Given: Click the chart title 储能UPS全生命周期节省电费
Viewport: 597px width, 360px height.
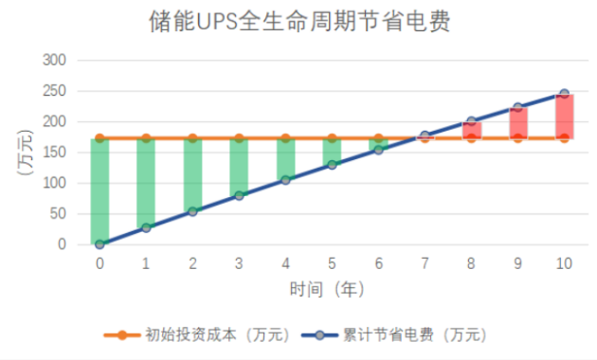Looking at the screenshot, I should click(x=298, y=21).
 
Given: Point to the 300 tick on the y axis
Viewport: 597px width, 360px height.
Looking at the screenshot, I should click(x=56, y=61).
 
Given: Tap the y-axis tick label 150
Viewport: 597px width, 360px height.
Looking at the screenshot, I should click(x=56, y=153).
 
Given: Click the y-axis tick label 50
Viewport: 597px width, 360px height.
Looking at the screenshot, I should click(x=60, y=214).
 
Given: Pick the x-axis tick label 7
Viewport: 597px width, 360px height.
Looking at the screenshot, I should click(x=425, y=263).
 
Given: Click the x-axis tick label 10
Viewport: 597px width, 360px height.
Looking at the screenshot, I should click(x=564, y=263).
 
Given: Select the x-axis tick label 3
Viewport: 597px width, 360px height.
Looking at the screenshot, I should click(x=239, y=263).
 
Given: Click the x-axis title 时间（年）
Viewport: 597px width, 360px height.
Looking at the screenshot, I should click(x=327, y=287).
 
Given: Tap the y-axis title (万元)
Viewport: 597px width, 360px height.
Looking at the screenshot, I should click(x=26, y=153).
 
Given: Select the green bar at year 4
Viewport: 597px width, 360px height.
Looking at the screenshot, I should click(x=285, y=159).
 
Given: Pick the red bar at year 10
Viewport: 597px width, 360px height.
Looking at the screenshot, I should click(x=564, y=116).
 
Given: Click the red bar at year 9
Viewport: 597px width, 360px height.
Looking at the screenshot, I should click(x=517, y=123).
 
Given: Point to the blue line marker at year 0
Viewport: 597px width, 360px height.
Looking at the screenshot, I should click(x=99, y=244).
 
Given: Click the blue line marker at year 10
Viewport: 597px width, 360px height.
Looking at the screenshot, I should click(x=564, y=94).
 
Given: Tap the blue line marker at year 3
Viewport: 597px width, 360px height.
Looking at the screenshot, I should click(x=239, y=195).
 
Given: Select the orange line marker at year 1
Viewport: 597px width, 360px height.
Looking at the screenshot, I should click(x=146, y=138).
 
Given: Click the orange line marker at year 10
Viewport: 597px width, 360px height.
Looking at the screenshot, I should click(x=564, y=138).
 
